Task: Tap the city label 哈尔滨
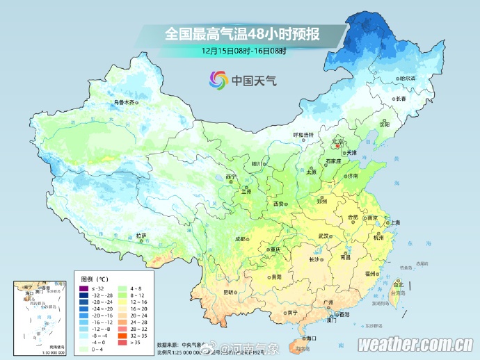point(406,79)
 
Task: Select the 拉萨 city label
point(141,236)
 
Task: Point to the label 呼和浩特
point(303,134)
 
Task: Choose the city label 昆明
point(229,293)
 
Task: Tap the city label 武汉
point(322,236)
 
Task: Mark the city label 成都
point(241,238)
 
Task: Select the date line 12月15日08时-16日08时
point(243,51)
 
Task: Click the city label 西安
point(278,204)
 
